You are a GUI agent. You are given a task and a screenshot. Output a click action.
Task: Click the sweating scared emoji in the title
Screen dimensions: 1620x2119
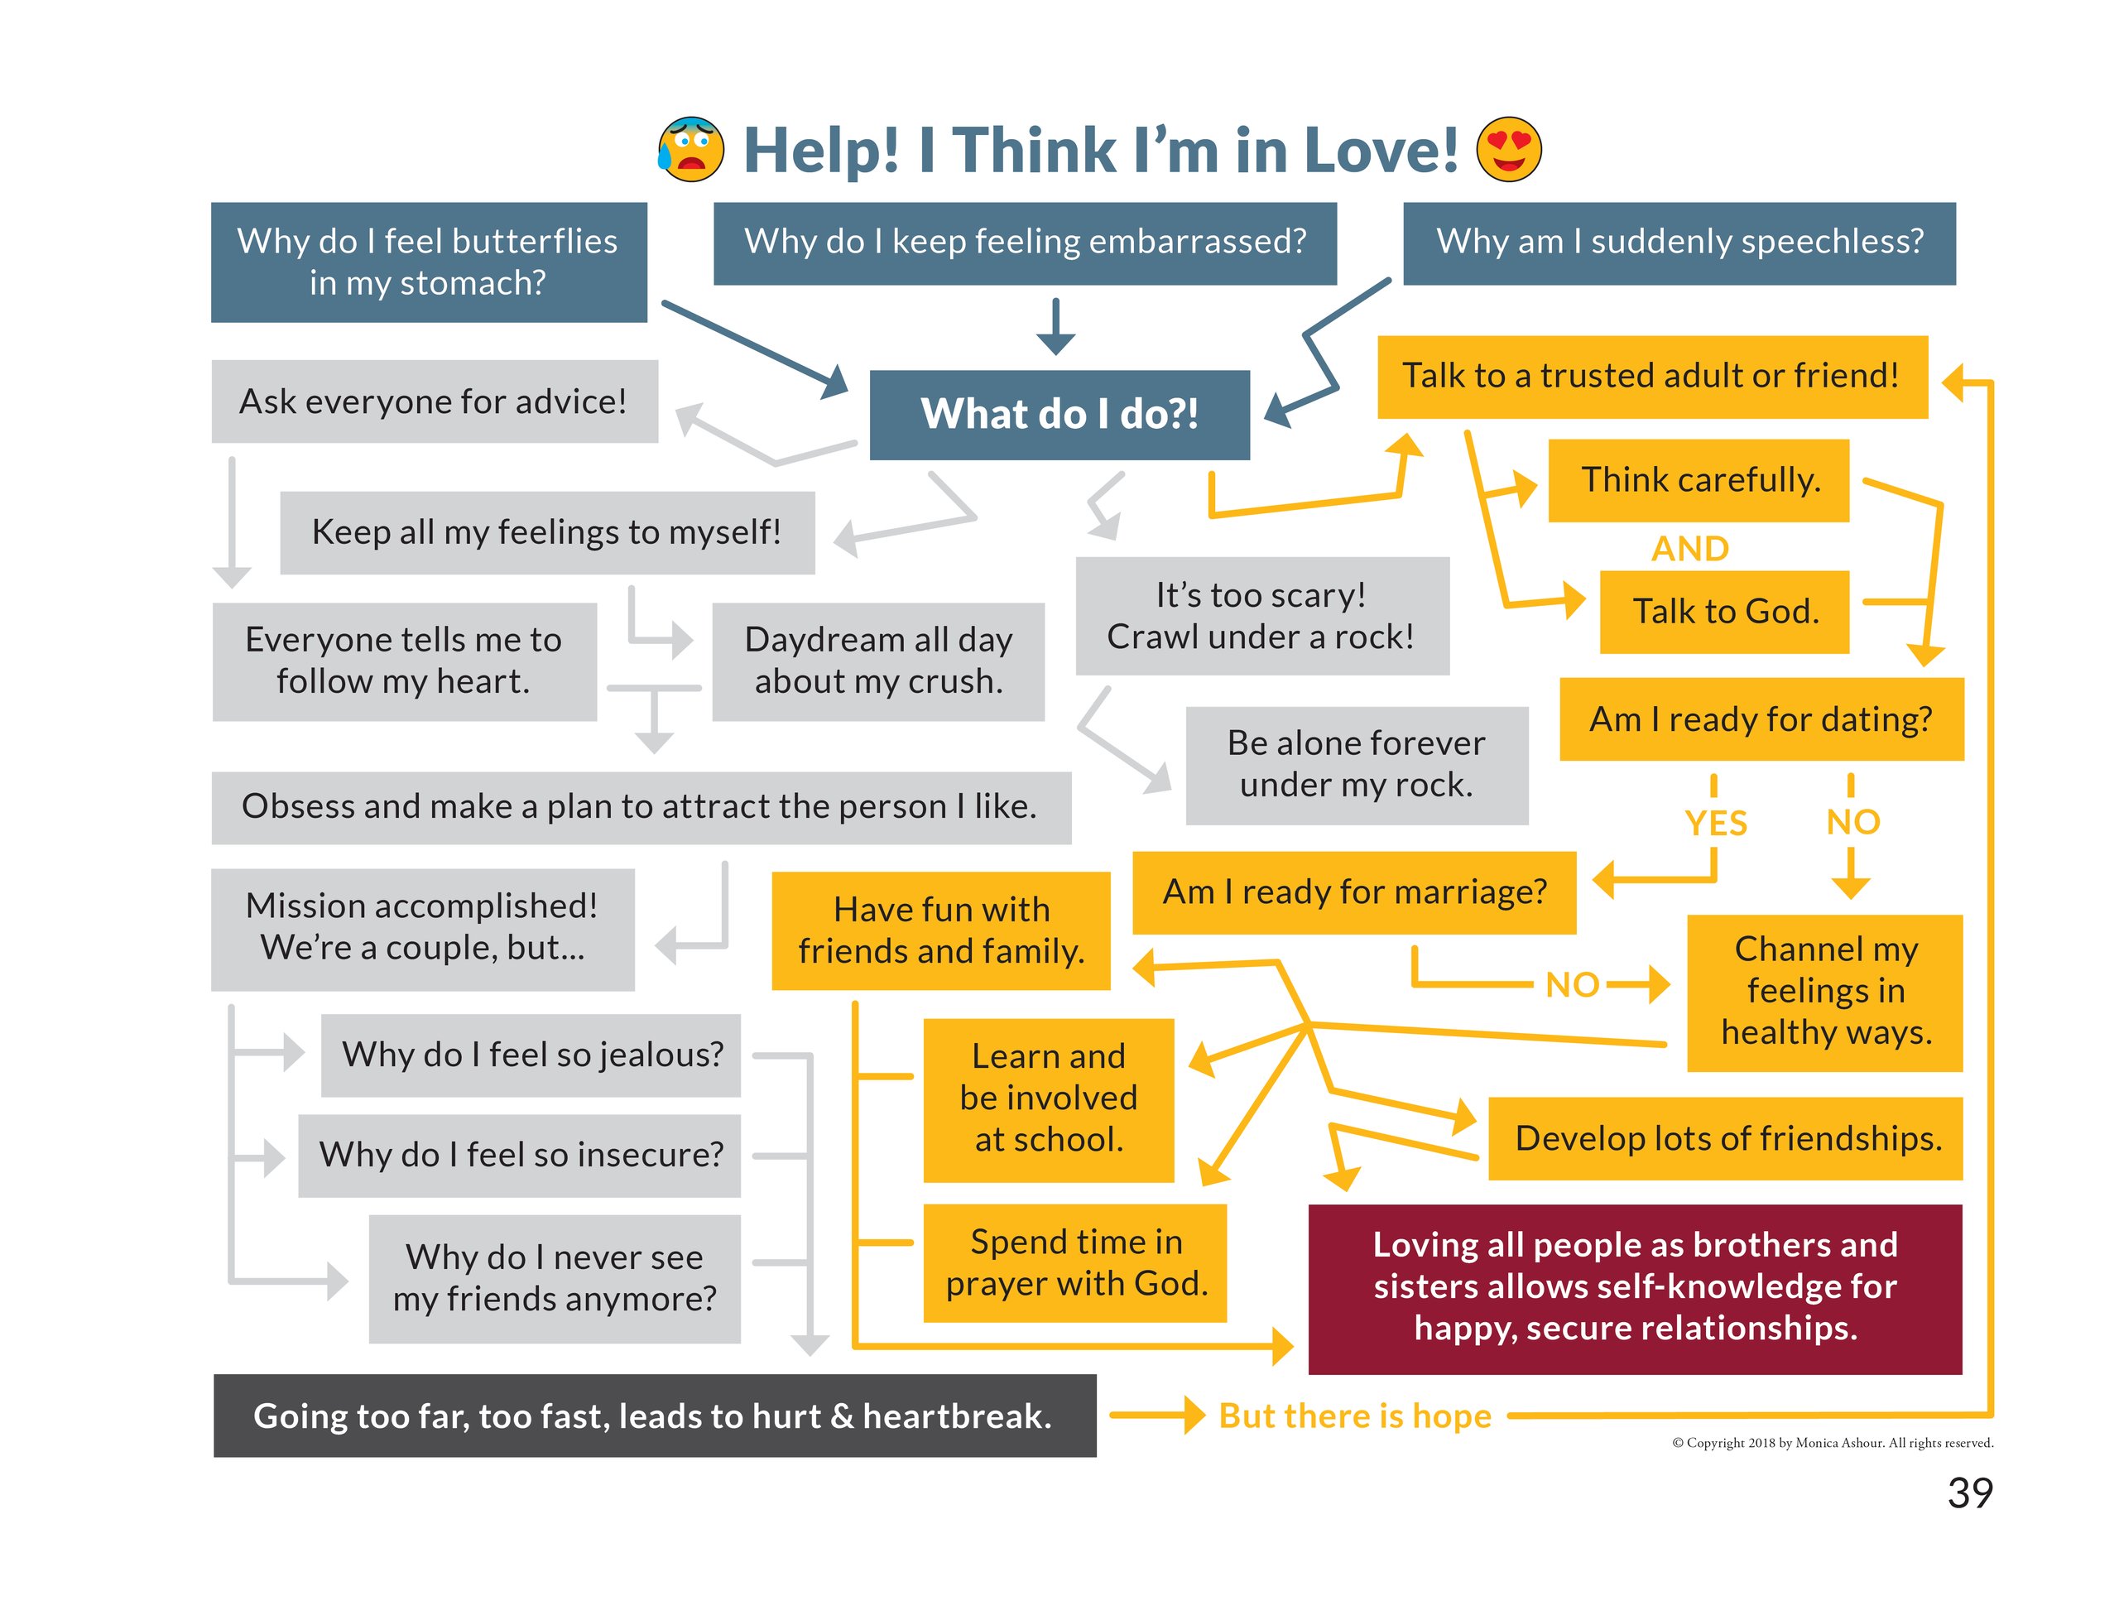[x=690, y=150]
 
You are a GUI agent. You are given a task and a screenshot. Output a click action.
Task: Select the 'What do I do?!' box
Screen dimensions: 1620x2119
[x=1059, y=414]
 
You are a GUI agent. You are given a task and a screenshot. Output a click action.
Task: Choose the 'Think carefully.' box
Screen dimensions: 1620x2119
[x=1699, y=480]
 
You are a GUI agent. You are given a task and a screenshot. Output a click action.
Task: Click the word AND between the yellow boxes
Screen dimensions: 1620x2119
[x=1689, y=548]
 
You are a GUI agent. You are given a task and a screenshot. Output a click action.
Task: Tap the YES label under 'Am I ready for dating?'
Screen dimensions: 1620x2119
[x=1715, y=823]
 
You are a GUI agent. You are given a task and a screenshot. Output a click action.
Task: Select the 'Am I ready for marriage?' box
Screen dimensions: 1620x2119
[x=1353, y=892]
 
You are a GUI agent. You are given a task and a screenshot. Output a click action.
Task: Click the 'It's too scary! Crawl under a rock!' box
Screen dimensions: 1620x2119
[x=1261, y=615]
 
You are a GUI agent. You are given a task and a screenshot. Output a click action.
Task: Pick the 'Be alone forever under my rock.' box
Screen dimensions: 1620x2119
[x=1356, y=765]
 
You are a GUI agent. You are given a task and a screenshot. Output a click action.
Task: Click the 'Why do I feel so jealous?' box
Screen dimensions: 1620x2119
[x=531, y=1054]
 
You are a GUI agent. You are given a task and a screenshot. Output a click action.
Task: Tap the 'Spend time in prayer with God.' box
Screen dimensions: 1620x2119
[x=1075, y=1262]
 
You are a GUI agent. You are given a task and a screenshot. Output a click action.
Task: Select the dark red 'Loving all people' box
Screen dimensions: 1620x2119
[x=1634, y=1287]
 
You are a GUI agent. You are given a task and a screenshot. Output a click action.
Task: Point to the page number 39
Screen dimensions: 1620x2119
[x=1969, y=1493]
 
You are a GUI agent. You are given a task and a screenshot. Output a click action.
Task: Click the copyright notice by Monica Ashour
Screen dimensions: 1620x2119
[x=1832, y=1443]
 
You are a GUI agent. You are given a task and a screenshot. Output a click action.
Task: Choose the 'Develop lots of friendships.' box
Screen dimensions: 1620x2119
[x=1727, y=1138]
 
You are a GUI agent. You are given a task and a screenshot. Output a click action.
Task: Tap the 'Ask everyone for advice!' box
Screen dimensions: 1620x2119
[x=434, y=401]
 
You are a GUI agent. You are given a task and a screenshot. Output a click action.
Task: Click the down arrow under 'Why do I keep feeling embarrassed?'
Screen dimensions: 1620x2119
[x=1055, y=327]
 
